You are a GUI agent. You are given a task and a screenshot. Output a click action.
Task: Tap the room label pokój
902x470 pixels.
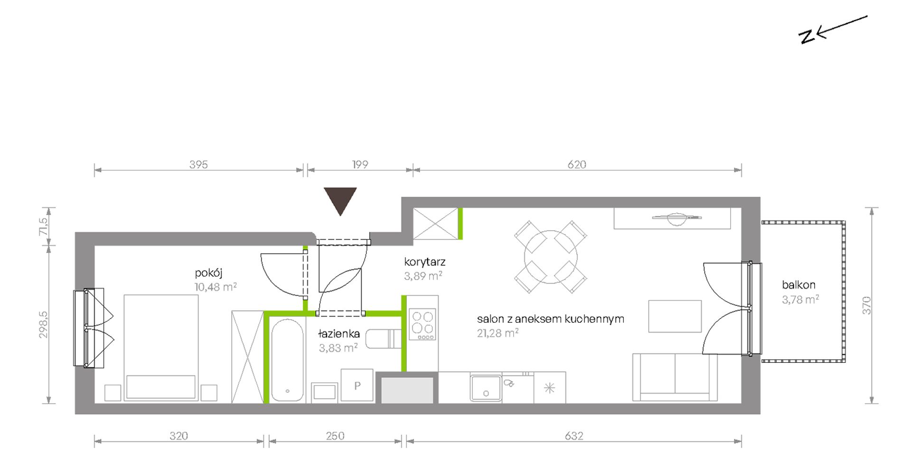(x=208, y=273)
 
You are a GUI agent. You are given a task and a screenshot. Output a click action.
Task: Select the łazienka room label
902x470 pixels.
(x=339, y=334)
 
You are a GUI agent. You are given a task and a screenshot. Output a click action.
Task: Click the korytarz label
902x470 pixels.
(x=425, y=262)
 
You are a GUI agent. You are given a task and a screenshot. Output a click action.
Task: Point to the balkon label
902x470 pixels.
(x=799, y=285)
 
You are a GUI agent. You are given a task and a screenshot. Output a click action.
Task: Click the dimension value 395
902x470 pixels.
(x=198, y=164)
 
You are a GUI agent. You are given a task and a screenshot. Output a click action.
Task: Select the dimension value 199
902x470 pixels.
(x=360, y=164)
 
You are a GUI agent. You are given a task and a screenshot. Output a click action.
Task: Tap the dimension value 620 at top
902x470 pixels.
(x=577, y=164)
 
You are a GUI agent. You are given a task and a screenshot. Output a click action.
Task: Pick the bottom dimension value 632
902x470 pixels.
(x=574, y=436)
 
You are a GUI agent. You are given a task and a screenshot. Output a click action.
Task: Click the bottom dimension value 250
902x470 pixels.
(x=335, y=436)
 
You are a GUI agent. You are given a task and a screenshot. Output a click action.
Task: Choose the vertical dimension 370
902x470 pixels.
(x=867, y=305)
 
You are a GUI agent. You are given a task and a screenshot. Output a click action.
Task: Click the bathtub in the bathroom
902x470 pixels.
(x=287, y=360)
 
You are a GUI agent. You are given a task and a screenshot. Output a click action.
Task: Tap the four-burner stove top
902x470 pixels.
(x=423, y=325)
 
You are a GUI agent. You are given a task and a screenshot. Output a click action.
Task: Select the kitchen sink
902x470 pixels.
(x=486, y=388)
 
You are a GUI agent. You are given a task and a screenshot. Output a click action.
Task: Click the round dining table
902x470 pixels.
(x=551, y=257)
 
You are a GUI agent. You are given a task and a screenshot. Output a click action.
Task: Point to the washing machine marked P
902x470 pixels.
(x=357, y=385)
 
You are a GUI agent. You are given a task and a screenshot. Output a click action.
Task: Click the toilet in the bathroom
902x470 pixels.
(x=384, y=338)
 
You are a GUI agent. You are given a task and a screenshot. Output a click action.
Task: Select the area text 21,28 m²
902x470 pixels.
(x=498, y=333)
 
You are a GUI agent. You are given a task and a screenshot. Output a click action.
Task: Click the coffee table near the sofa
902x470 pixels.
(x=675, y=316)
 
